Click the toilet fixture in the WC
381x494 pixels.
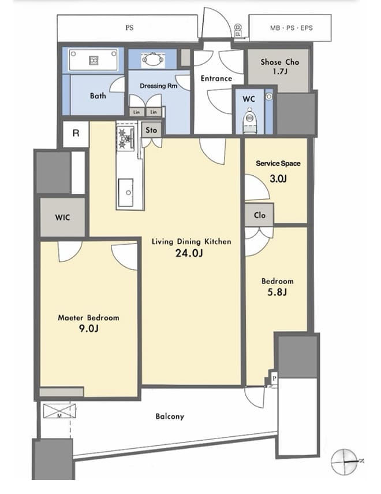pos(250,120)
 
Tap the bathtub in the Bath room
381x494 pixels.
pos(94,59)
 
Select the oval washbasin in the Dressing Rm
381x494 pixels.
pos(153,60)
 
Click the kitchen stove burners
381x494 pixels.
pos(125,137)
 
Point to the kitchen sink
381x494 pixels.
pos(126,193)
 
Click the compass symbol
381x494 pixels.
pos(345,462)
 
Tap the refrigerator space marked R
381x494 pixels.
pos(76,134)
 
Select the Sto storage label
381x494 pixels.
pos(151,130)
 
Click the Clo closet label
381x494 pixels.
pos(260,215)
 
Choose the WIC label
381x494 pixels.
pos(62,217)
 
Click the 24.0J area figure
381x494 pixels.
pos(189,253)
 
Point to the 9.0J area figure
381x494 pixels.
pos(89,329)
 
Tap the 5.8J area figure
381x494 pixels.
pos(277,292)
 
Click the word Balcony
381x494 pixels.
pos(170,416)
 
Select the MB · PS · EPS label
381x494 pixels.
pos(292,28)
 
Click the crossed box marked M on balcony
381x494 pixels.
pos(59,411)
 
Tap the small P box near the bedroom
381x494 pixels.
pos(274,378)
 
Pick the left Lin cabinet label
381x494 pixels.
pos(136,112)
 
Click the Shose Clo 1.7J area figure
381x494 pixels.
pos(280,72)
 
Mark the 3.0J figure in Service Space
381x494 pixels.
pos(278,179)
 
